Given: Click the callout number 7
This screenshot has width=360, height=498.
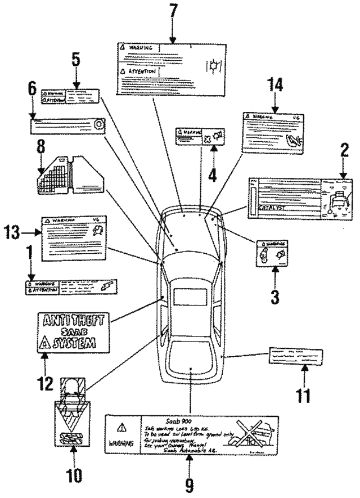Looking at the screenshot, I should tap(173, 10).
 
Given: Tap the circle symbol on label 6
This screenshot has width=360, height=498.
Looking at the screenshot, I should tap(98, 123).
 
